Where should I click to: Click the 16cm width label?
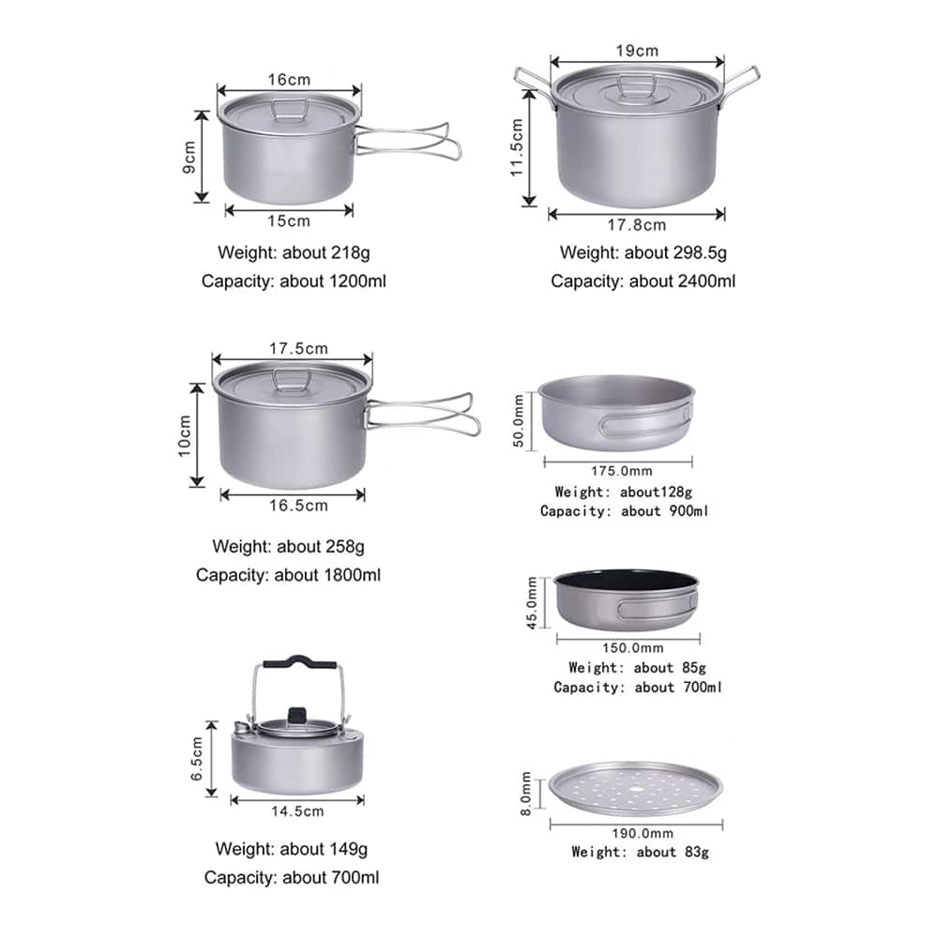coord(289,80)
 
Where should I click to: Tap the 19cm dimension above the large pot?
coord(637,51)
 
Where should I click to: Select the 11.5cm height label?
coord(517,147)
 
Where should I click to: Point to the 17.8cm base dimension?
coord(637,225)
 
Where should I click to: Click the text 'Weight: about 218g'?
coord(294,252)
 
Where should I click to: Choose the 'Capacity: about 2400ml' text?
coord(643,281)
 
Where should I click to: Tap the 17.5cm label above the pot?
coord(298,348)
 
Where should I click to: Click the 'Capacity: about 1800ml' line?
coord(288,575)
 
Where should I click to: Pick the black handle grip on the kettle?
coord(299,661)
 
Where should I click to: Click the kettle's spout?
coord(241,728)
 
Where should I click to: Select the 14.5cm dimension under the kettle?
coord(297,811)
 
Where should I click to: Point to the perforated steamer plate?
coord(635,788)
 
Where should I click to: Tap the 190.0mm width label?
coord(643,833)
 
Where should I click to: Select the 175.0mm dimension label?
coord(622,471)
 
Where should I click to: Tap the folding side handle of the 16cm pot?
coord(408,142)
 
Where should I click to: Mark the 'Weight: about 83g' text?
coord(640,852)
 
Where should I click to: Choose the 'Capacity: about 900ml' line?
coord(624,511)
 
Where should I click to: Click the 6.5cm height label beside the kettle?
coord(197,759)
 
